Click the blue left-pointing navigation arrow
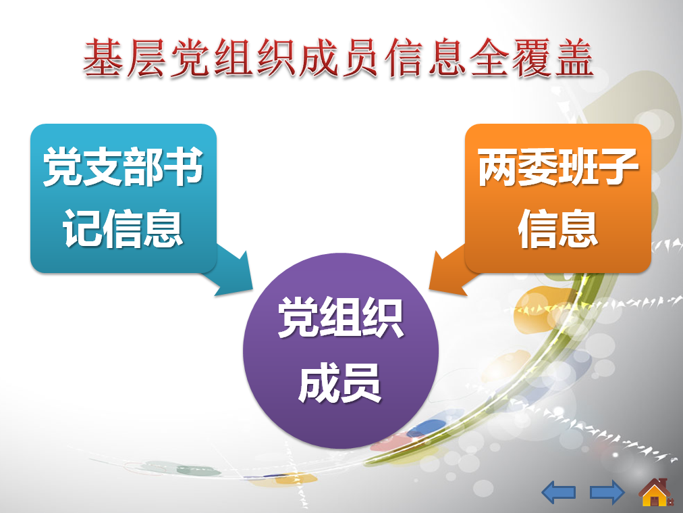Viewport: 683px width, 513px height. pos(558,492)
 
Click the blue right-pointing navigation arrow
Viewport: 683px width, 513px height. pos(607,492)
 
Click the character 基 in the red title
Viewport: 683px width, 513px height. pos(103,58)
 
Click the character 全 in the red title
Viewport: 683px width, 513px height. pos(489,58)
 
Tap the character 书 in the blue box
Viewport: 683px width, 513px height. pos(184,166)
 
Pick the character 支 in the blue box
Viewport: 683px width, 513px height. pos(103,166)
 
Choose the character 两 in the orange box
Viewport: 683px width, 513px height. pos(497,166)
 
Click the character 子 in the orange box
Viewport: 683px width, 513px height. pos(618,166)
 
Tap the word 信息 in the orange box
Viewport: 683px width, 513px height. pos(558,228)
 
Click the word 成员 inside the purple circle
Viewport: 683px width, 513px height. pos(339,383)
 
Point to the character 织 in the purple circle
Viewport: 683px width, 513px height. pos(381,317)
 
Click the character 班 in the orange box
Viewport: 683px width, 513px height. pos(578,166)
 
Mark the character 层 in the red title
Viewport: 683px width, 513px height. pos(146,58)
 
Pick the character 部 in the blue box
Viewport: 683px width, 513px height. pos(143,166)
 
